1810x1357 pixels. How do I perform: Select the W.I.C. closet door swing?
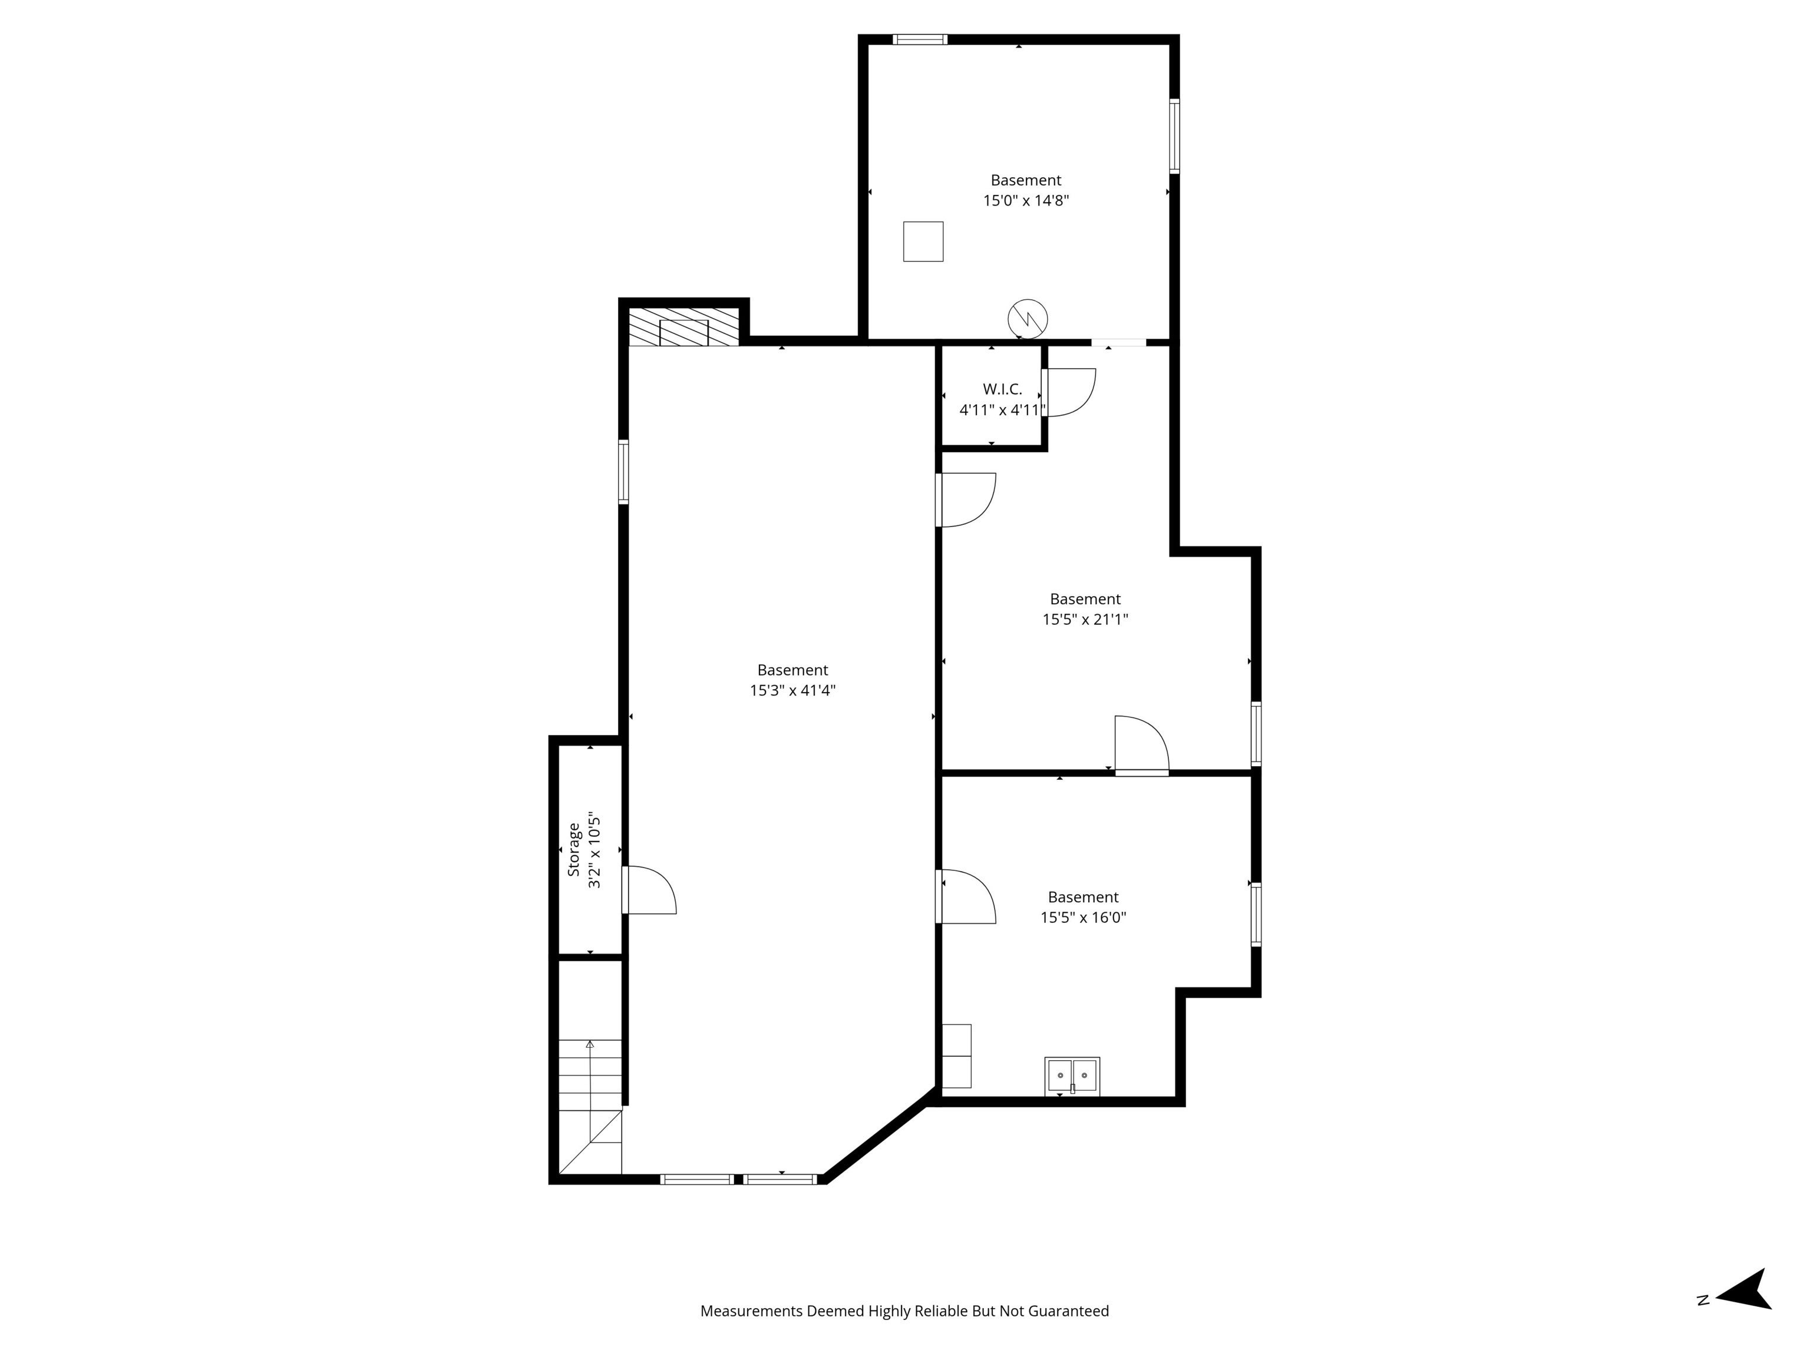pyautogui.click(x=1069, y=393)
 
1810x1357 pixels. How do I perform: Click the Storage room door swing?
pyautogui.click(x=650, y=890)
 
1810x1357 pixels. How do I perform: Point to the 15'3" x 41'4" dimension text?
pyautogui.click(x=792, y=690)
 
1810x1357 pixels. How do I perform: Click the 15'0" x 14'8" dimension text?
pyautogui.click(x=1026, y=200)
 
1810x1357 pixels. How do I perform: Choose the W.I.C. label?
pyautogui.click(x=1002, y=389)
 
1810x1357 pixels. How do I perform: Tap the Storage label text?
pyautogui.click(x=574, y=850)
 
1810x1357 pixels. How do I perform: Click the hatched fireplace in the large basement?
pyautogui.click(x=683, y=326)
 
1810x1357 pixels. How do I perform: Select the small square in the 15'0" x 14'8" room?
pyautogui.click(x=923, y=241)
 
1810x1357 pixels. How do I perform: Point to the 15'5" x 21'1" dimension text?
pyautogui.click(x=1085, y=619)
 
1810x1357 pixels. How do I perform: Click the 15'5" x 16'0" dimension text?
pyautogui.click(x=1084, y=917)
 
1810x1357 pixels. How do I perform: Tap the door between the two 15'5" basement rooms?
pyautogui.click(x=1141, y=744)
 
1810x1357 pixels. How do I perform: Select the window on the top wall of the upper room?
pyautogui.click(x=920, y=39)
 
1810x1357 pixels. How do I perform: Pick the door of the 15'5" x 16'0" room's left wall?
pyautogui.click(x=966, y=896)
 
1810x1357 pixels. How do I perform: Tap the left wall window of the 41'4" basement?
pyautogui.click(x=623, y=472)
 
